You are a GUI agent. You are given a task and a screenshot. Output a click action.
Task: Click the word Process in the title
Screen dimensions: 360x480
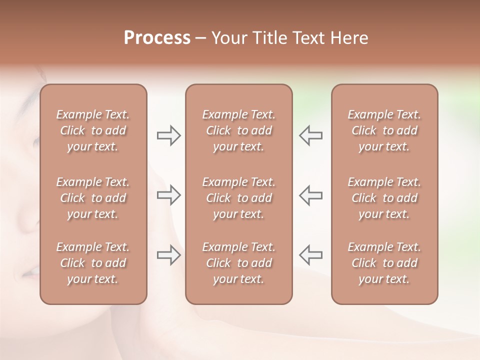point(157,38)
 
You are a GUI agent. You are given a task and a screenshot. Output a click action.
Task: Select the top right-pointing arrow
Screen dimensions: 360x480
point(168,135)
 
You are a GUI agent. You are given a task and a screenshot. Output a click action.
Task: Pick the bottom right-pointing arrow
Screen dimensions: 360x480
point(168,255)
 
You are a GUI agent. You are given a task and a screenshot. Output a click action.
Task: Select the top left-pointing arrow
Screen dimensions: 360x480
point(311,135)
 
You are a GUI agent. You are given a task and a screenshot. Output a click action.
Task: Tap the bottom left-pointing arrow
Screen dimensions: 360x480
point(311,255)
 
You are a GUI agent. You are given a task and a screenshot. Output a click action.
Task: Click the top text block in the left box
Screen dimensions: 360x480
point(93,130)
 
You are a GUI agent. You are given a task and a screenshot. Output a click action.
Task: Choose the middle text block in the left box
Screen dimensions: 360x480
point(93,198)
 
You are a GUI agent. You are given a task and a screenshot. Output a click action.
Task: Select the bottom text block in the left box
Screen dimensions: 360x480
point(93,263)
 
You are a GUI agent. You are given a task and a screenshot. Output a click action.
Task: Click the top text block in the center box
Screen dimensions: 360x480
point(239,130)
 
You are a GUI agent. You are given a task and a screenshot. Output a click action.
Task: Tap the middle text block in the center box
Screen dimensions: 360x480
point(239,198)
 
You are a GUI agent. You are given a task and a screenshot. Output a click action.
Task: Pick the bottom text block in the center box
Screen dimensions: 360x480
point(239,263)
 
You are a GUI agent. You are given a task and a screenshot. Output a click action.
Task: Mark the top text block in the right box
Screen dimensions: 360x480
point(384,130)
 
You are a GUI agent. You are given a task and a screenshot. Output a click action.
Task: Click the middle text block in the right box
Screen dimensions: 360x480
point(384,198)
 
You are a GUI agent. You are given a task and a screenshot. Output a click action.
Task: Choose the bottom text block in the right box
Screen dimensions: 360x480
point(384,263)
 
